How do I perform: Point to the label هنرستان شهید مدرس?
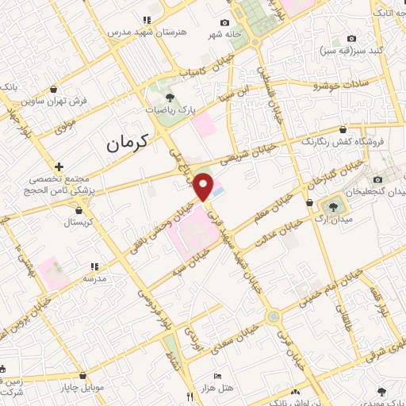147,33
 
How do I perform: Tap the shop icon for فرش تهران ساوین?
54,89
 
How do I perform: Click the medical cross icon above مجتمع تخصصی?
59,167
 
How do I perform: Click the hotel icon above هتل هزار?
216,376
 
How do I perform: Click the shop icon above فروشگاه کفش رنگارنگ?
343,128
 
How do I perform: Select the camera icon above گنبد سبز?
352,39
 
